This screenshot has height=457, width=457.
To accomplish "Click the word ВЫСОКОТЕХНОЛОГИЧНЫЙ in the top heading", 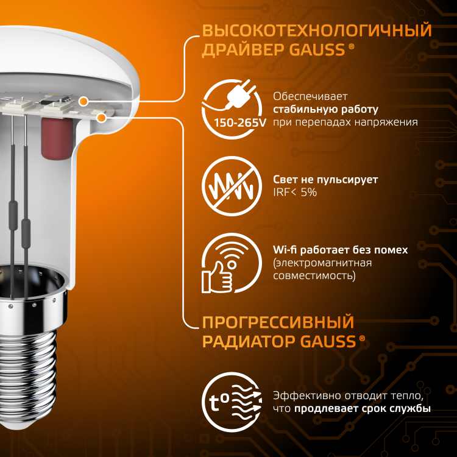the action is pyautogui.click(x=317, y=30).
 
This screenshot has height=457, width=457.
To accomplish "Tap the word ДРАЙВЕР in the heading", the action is pyautogui.click(x=243, y=50).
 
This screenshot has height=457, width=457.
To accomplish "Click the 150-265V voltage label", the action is pyautogui.click(x=240, y=122).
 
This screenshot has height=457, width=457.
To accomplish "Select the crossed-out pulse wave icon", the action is pyautogui.click(x=232, y=186).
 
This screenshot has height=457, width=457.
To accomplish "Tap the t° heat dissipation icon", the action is pyautogui.click(x=232, y=402).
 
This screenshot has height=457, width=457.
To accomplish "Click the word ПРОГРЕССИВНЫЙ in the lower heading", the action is pyautogui.click(x=278, y=322).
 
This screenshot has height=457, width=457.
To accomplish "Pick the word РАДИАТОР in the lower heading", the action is pyautogui.click(x=249, y=342).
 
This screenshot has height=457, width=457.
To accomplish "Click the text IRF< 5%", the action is pyautogui.click(x=295, y=193).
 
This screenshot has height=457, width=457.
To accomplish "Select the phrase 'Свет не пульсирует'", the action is pyautogui.click(x=325, y=180).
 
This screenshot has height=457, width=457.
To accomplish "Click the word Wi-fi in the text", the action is pyautogui.click(x=285, y=250).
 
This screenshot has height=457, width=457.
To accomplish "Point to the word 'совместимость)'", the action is pyautogui.click(x=314, y=275).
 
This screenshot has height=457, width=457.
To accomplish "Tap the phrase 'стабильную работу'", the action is pyautogui.click(x=325, y=109).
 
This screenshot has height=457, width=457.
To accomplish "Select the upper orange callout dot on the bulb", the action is pyautogui.click(x=83, y=102).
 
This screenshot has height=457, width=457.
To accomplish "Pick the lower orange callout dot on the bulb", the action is pyautogui.click(x=101, y=118).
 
